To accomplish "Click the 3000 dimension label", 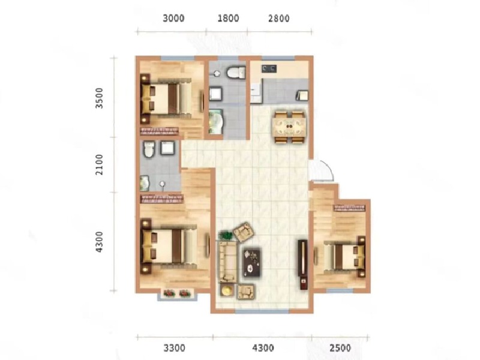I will tap(173, 19).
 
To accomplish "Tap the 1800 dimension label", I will tap(227, 19).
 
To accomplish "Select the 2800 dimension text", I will tap(278, 19).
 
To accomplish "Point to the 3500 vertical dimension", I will tap(100, 97).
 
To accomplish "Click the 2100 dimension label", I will tap(100, 164).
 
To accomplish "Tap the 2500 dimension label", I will tap(340, 347).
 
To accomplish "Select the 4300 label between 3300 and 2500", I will tap(262, 347).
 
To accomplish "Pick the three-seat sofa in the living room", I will tap(227, 260).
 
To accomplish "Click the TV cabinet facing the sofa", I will tap(302, 259).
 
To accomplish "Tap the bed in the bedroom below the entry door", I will tap(343, 257).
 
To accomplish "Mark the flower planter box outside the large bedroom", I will tap(178, 294).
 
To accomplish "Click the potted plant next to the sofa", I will tap(226, 236).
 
